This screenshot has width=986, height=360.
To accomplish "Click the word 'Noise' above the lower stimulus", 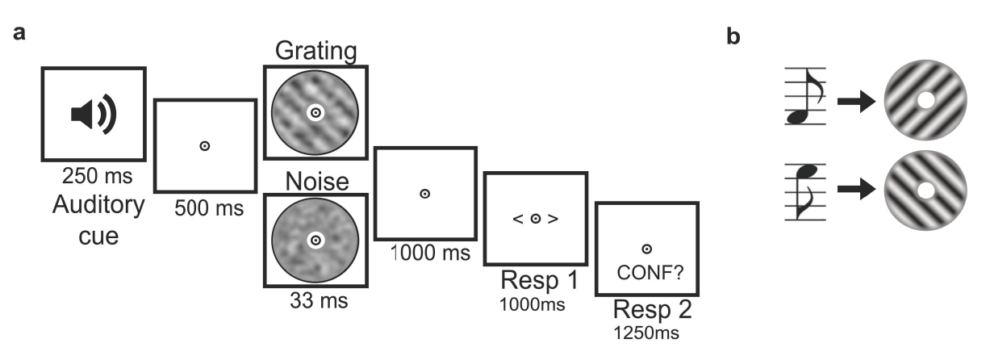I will [x=315, y=182].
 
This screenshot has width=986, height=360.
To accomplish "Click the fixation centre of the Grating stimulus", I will [x=315, y=114].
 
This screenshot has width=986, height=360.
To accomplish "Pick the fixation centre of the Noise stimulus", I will [x=315, y=240].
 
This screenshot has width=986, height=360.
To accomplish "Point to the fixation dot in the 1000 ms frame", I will [x=425, y=194].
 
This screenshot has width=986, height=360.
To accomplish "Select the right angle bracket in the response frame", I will [x=553, y=219].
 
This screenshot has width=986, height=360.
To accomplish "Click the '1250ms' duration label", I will [x=645, y=332].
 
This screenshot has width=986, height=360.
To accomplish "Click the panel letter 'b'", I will [x=733, y=38].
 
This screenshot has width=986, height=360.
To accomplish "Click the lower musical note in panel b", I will [x=804, y=190].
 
